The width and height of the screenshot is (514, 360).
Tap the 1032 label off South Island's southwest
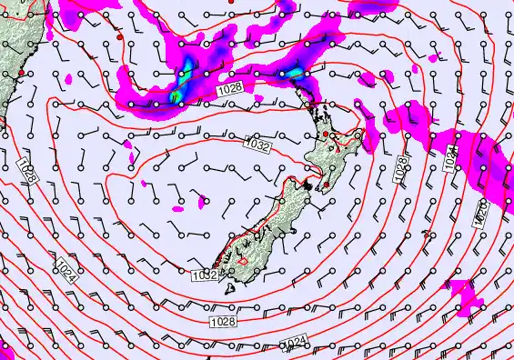coord(204,275)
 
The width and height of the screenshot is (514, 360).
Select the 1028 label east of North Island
coord(401,170)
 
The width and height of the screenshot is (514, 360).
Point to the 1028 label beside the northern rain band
coord(229,90)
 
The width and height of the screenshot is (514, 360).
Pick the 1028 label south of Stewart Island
coord(223,322)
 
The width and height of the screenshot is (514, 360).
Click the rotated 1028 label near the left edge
coord(25,173)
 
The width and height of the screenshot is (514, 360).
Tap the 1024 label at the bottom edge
coord(293,343)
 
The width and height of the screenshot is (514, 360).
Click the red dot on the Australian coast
coord(21,72)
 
